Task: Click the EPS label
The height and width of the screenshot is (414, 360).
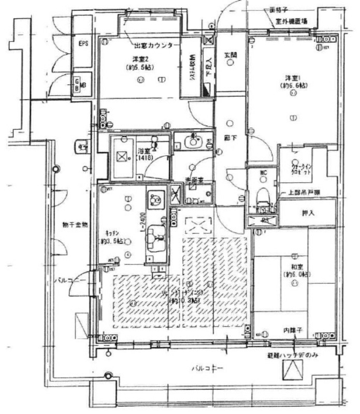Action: tap(83, 44)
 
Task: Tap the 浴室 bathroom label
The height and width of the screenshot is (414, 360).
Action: tap(144, 151)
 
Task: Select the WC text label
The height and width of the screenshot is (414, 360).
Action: tap(263, 173)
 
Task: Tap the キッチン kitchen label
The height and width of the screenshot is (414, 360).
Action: tap(111, 233)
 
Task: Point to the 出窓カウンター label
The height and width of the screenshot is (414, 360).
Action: tap(153, 45)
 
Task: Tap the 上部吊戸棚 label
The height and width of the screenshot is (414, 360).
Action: tap(304, 194)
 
